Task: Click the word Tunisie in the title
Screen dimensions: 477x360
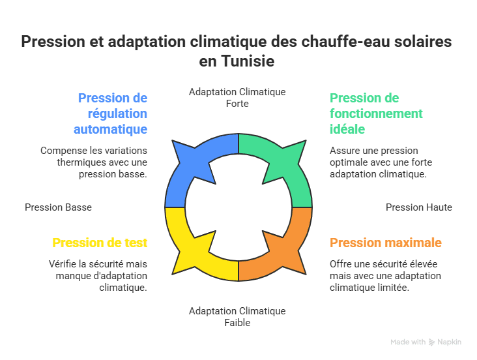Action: click(x=248, y=61)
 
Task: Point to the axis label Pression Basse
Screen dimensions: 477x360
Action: click(x=58, y=207)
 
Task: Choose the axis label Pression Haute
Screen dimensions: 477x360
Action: click(x=419, y=207)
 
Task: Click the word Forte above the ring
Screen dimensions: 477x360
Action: click(x=237, y=104)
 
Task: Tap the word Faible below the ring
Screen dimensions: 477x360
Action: click(x=237, y=323)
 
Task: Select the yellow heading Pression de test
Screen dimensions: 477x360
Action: click(x=100, y=243)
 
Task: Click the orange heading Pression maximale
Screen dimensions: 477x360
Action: click(x=386, y=243)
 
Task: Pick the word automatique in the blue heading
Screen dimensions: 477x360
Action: click(x=110, y=129)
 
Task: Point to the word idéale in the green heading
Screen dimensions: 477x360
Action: click(x=347, y=129)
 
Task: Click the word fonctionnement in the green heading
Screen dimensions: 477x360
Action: click(x=376, y=114)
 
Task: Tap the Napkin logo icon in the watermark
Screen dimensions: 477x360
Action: click(x=431, y=342)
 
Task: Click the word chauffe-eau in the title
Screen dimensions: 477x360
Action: click(x=345, y=42)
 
